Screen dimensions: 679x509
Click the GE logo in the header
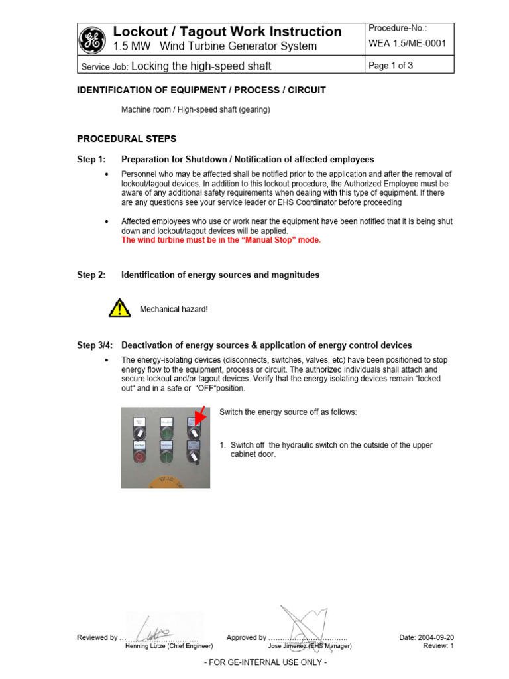[x=92, y=39]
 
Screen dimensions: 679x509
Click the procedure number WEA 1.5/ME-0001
[x=407, y=44]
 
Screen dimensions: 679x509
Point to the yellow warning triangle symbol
[x=119, y=308]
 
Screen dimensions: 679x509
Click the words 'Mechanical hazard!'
[x=174, y=309]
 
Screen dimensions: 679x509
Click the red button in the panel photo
[x=139, y=457]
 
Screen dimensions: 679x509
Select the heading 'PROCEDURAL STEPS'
[x=127, y=139]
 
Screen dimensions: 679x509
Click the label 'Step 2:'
[x=91, y=275]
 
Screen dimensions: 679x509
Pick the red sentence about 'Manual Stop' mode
[x=221, y=240]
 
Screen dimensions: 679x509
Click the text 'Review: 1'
[x=438, y=645]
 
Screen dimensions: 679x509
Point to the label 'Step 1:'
[x=91, y=160]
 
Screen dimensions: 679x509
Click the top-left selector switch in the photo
[x=140, y=430]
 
